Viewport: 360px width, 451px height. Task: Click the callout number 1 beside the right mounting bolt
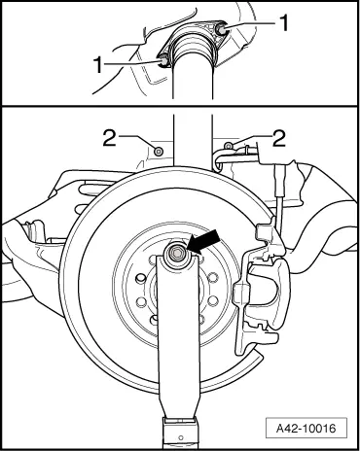coord(284,23)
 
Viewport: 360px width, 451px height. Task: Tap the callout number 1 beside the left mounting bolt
coord(98,64)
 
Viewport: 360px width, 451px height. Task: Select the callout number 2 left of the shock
coord(110,138)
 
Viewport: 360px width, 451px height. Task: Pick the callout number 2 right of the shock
coord(279,138)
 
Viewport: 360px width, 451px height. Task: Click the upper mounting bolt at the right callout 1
coord(222,29)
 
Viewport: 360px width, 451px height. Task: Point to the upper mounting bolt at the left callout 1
coord(163,61)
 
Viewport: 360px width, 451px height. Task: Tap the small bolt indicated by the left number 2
coord(159,152)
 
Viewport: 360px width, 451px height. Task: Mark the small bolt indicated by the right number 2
coord(228,146)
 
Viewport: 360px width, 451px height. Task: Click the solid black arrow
coord(203,241)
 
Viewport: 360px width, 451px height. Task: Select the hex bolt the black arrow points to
coord(177,253)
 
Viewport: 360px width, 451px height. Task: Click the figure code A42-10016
coord(306,429)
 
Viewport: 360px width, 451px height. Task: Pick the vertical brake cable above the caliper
coord(279,201)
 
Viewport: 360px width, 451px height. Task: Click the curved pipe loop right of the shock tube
coord(218,161)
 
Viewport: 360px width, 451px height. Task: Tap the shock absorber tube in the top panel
coord(193,81)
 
